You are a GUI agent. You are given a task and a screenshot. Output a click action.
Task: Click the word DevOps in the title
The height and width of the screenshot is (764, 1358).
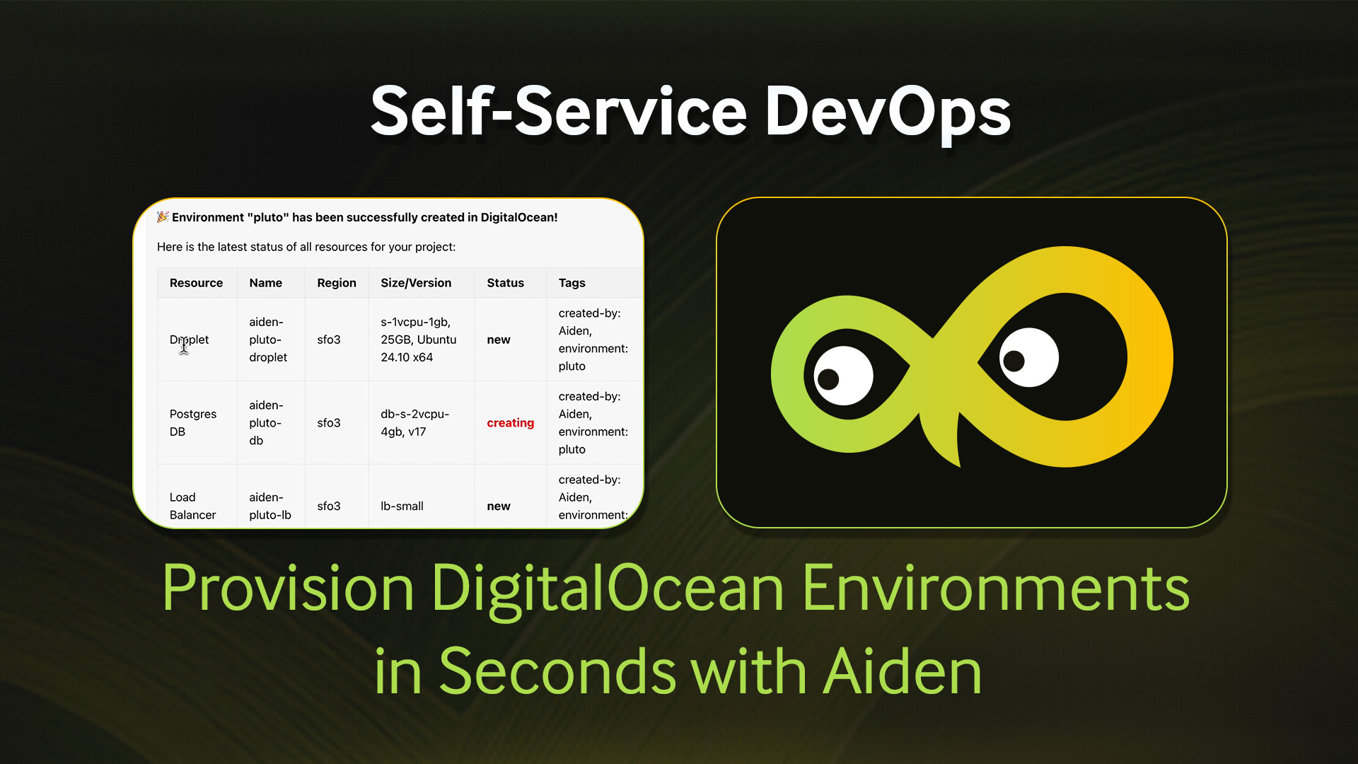point(888,111)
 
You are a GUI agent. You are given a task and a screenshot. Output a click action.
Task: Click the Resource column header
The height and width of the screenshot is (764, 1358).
point(196,283)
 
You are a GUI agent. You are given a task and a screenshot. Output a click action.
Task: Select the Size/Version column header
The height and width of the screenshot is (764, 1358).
point(416,283)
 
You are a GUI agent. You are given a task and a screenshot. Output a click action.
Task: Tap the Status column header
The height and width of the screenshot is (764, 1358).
point(505,283)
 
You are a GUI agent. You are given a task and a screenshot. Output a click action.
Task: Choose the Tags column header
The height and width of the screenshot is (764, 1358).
point(571,283)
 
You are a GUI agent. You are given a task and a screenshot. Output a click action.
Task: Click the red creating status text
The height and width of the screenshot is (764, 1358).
point(510,423)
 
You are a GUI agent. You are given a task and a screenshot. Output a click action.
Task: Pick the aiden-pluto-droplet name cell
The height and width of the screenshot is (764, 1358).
point(268,340)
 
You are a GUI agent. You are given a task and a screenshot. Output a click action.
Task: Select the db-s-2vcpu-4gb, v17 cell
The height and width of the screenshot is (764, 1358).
point(414,423)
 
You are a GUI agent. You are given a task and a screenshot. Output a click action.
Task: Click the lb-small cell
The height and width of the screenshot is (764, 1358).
point(402,507)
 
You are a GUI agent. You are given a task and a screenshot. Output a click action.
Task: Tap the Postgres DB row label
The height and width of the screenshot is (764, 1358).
point(192,423)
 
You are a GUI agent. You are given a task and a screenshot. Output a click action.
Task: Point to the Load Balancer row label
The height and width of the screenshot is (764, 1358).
point(192,507)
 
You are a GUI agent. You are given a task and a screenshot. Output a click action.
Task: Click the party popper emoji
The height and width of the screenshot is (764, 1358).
point(163,216)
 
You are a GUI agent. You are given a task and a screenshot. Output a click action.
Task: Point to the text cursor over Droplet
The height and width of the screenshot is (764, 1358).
point(184,345)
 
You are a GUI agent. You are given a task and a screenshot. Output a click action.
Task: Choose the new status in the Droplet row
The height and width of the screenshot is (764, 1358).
point(498,340)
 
